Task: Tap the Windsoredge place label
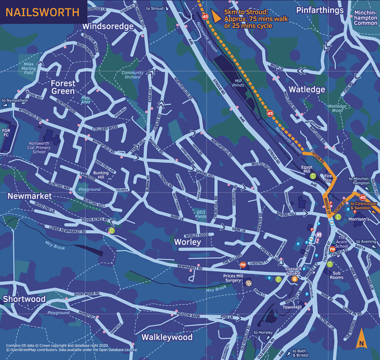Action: tap(108, 26)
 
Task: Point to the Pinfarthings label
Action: tap(320, 11)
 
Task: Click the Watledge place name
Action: tap(307, 89)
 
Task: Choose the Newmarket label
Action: tap(30, 196)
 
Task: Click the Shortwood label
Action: tap(24, 299)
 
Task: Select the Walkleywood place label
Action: tap(167, 337)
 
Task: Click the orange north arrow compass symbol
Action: tap(361, 337)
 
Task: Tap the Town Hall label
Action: tap(292, 307)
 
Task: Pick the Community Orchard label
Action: tap(132, 75)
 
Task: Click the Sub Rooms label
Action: tap(336, 275)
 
